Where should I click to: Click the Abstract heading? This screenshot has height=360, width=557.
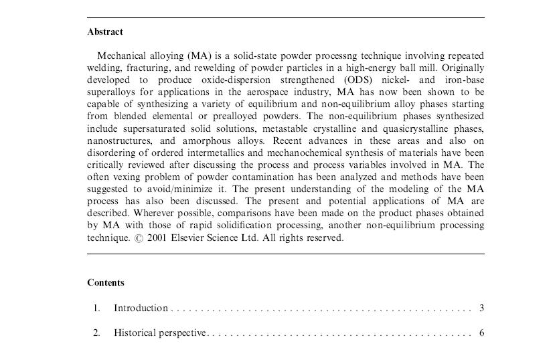(105, 31)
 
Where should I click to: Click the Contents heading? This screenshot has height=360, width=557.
(106, 282)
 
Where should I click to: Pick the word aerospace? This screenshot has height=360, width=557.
(241, 92)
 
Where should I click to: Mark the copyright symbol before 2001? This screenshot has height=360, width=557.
(138, 238)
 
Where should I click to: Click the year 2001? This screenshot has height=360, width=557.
(156, 238)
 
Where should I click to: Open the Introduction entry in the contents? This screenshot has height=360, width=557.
(141, 308)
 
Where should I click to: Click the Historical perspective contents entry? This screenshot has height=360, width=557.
(160, 333)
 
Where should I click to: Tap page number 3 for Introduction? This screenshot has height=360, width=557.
(481, 308)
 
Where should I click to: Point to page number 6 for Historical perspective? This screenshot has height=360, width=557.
(481, 333)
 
